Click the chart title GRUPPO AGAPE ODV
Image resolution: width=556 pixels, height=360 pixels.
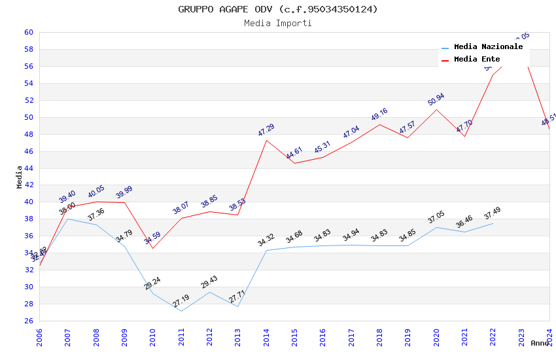[277, 9]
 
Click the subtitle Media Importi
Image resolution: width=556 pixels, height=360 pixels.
[277, 24]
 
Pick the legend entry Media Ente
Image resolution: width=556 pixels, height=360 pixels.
[477, 60]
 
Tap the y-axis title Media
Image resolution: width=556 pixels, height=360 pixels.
[19, 177]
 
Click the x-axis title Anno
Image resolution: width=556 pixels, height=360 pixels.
[540, 343]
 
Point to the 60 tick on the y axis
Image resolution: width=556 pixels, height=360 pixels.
[28, 32]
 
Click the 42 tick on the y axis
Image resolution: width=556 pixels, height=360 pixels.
[28, 185]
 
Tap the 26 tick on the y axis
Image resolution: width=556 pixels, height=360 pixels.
[28, 321]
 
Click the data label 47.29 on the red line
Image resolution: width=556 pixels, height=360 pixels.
[266, 130]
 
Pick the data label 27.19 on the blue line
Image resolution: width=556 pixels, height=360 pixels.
[181, 301]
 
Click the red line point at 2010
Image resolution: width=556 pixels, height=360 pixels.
[152, 248]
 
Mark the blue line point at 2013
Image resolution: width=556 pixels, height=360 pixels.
[237, 306]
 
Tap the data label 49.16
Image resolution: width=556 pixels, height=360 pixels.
[379, 115]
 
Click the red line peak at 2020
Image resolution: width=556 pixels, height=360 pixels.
[436, 109]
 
